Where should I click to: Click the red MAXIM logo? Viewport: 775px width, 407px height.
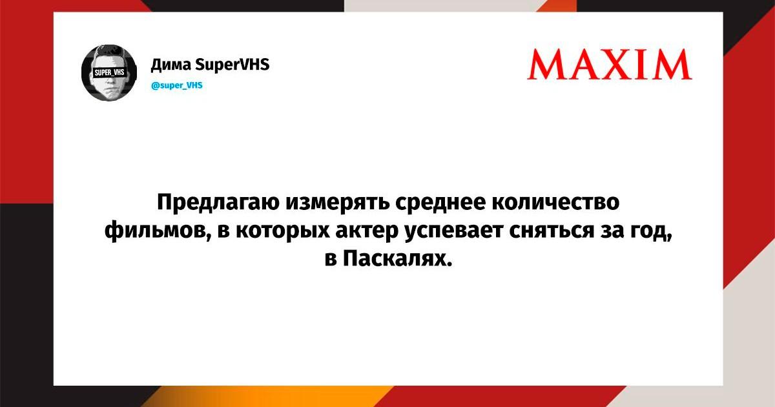click(610, 65)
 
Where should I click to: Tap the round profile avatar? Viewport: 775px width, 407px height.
click(109, 73)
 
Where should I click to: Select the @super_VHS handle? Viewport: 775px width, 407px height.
click(177, 85)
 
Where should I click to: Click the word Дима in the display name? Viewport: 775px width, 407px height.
click(171, 65)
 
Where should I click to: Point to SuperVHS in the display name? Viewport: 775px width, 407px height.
click(232, 65)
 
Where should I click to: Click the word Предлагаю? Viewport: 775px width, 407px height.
click(218, 203)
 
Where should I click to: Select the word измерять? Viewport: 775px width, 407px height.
click(337, 203)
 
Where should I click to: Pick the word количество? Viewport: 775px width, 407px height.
click(555, 202)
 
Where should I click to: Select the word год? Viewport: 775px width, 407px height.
click(651, 231)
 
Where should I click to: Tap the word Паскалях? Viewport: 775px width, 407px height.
click(398, 258)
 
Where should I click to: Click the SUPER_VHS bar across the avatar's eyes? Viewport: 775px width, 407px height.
click(110, 72)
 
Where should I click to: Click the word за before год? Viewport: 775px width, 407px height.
click(612, 231)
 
